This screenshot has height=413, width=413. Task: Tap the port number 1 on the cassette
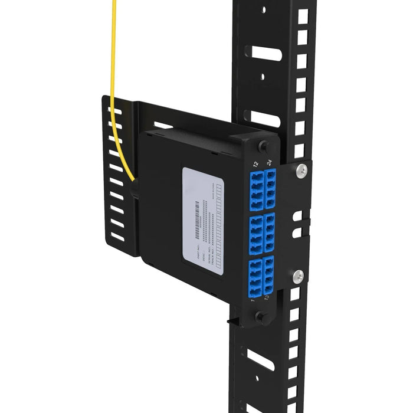253,301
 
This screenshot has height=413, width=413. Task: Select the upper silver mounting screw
302,171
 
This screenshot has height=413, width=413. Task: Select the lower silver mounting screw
299,274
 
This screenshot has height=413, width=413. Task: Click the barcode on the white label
196,219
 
